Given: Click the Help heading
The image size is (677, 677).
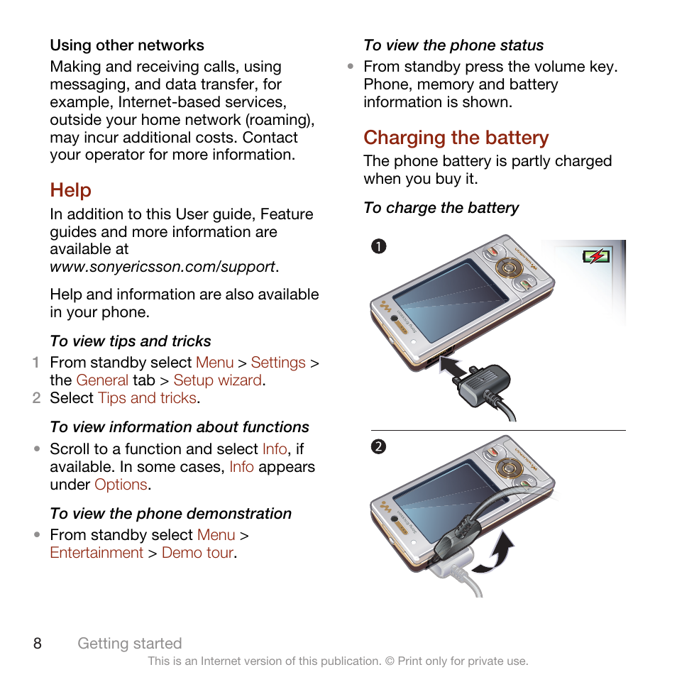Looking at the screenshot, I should click(x=70, y=190).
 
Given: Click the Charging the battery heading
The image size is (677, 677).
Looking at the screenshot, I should click(x=456, y=138).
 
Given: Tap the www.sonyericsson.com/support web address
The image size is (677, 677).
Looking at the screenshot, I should click(x=163, y=267).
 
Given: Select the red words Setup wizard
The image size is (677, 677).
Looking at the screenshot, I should click(x=218, y=380).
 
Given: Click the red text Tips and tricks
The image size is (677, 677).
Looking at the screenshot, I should click(x=147, y=398).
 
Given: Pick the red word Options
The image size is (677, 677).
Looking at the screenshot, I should click(x=121, y=485).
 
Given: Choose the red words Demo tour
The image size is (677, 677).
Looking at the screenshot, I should click(x=198, y=553).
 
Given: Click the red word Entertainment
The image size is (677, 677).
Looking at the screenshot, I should click(x=97, y=553).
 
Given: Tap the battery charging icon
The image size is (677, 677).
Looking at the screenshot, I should click(x=595, y=256).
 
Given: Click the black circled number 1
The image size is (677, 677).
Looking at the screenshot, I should click(x=379, y=247).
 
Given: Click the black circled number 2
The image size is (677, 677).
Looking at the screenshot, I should click(x=379, y=447).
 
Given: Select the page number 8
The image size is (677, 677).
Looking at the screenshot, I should click(x=38, y=644).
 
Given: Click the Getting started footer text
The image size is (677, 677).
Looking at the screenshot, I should click(x=130, y=644).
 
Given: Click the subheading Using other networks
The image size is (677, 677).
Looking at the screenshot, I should click(x=127, y=45).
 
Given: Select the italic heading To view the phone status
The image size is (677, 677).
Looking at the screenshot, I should click(x=453, y=45).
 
